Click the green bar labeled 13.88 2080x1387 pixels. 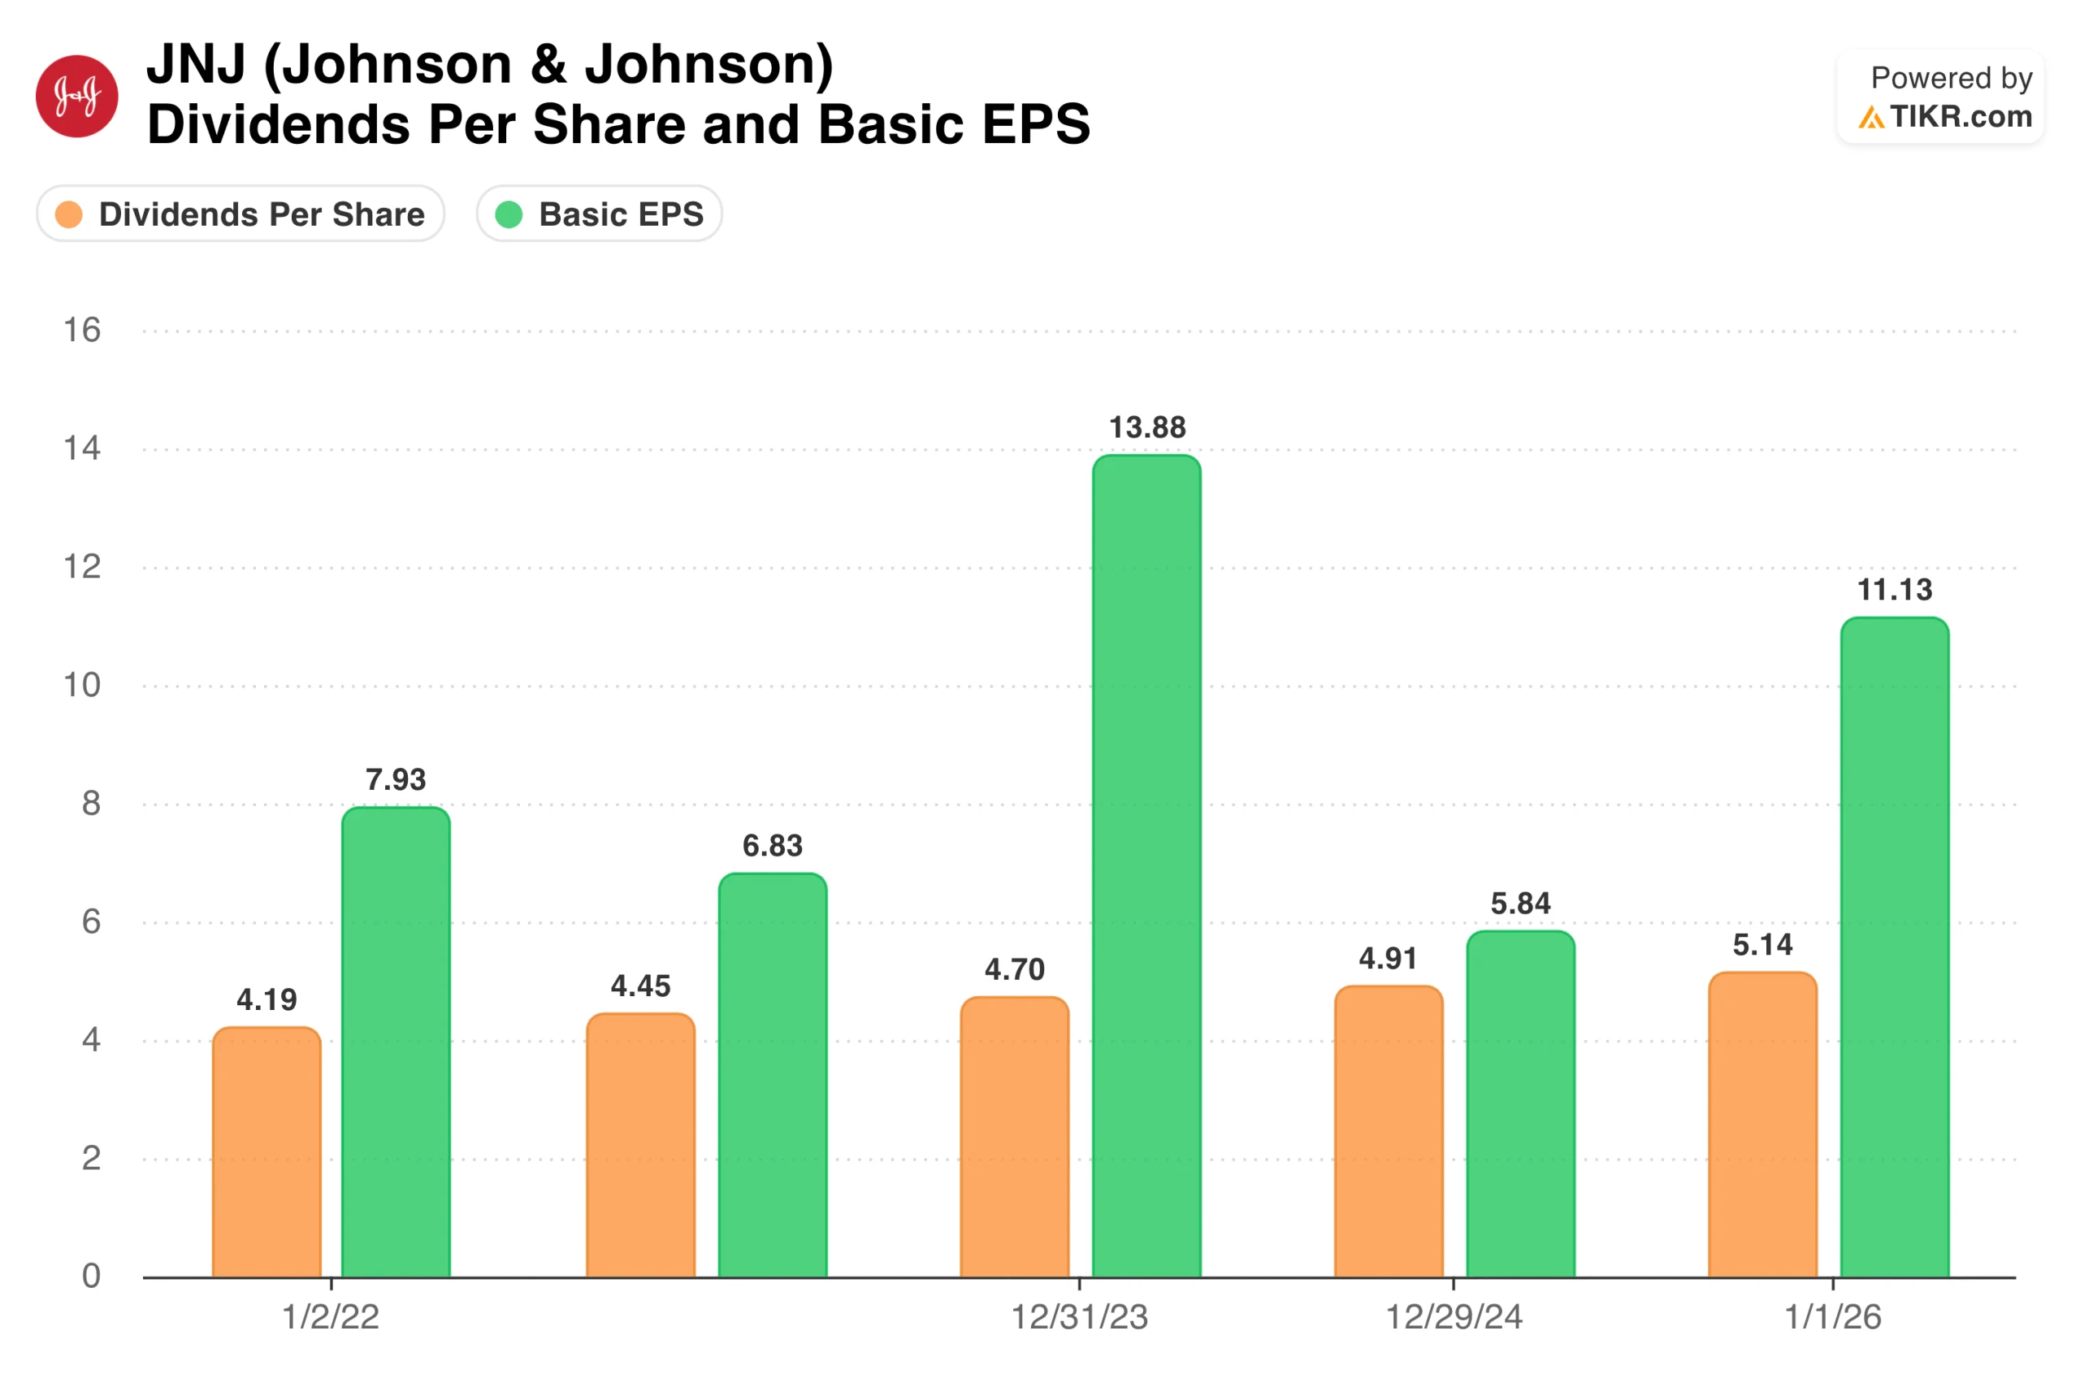click(x=1146, y=867)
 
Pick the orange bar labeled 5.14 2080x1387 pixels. click(x=1762, y=1125)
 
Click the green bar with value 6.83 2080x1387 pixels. click(x=772, y=1076)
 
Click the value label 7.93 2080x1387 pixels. click(x=396, y=779)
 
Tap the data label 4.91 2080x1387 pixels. click(x=1388, y=958)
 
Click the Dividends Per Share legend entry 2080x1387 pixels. click(x=240, y=214)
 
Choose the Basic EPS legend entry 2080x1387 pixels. click(x=600, y=214)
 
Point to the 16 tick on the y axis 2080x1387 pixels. click(x=82, y=331)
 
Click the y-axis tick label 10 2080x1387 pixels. click(x=82, y=686)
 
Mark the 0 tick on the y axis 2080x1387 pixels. click(x=91, y=1276)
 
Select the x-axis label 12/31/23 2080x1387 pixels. click(x=1079, y=1318)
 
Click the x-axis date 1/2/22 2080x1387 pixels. click(x=331, y=1318)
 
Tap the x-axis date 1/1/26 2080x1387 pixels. click(x=1832, y=1318)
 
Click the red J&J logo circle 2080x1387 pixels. click(x=77, y=97)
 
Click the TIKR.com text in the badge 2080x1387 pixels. click(x=1961, y=117)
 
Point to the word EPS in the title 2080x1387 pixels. click(x=1036, y=124)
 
